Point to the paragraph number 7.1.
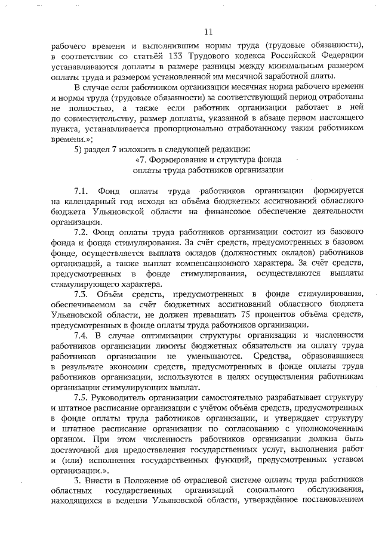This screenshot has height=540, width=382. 82,191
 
